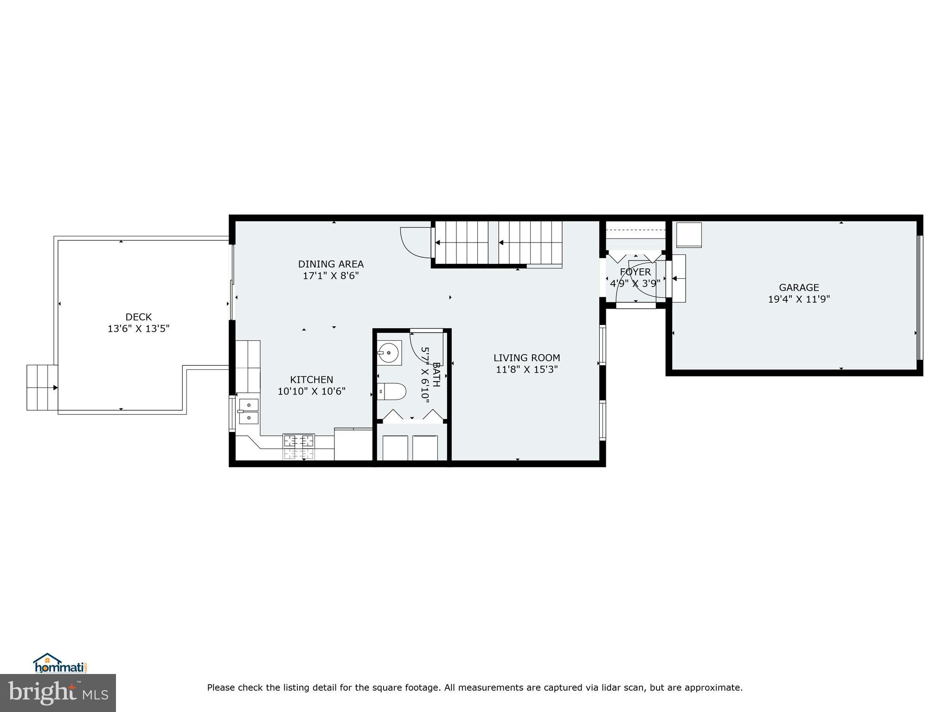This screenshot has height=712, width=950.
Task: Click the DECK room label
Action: pos(138,317)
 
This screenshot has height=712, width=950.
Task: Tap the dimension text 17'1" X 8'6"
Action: pos(331,276)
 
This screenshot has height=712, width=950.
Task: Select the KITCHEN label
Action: pos(311,380)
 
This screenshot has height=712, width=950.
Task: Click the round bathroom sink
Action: pos(389,353)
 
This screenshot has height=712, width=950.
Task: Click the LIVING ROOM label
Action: pos(526,358)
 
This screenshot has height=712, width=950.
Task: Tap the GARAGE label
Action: pos(798,287)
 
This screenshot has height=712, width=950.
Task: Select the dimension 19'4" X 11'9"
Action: pos(798,299)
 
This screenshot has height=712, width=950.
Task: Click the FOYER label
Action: pos(635,272)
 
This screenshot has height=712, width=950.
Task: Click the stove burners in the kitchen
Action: pos(299,447)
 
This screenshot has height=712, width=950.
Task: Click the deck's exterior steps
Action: pos(42,388)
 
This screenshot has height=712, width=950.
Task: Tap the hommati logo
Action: pos(60,663)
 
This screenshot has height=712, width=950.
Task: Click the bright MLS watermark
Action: pos(58,693)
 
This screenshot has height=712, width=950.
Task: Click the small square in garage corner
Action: pos(689,235)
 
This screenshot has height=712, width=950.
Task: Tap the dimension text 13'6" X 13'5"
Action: pos(138,329)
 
